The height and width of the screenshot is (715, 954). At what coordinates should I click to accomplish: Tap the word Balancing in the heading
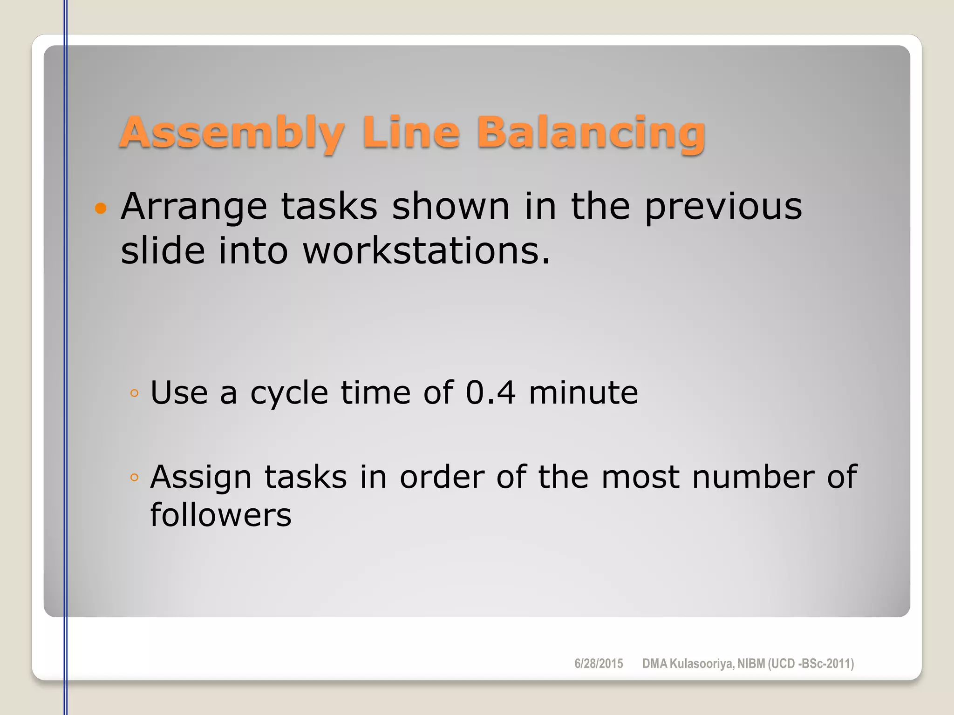coord(591,134)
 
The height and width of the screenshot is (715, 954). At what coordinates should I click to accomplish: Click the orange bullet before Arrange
coord(100,208)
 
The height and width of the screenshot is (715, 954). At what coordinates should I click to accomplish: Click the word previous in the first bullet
coord(723,207)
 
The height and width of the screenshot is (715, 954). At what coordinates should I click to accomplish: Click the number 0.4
coord(491,392)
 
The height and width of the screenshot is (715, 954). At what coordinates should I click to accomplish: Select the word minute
coord(583,392)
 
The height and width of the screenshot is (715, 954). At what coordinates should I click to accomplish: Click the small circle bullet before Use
coord(135,393)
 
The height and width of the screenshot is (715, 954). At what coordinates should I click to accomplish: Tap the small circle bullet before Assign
coord(135,477)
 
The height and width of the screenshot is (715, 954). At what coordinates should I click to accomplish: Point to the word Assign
coord(201,478)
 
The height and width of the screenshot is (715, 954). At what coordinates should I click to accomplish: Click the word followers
coord(221,515)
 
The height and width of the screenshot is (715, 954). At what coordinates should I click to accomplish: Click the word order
coord(442,477)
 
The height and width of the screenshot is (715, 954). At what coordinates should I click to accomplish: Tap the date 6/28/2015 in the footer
coord(599,664)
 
